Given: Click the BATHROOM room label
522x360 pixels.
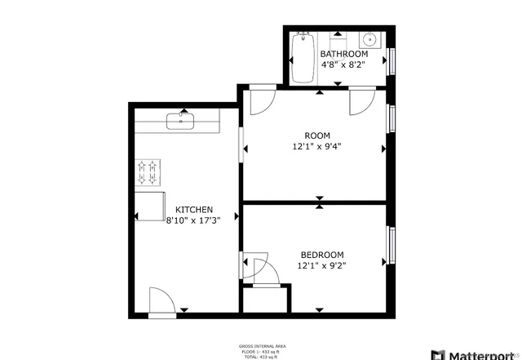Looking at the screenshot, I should [x=338, y=54].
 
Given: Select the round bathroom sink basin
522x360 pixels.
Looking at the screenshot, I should [x=369, y=38].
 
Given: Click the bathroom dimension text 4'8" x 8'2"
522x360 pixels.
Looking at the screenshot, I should [x=338, y=64].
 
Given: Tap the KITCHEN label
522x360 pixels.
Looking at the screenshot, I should [x=194, y=209].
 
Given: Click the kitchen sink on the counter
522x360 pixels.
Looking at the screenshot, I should [x=178, y=122].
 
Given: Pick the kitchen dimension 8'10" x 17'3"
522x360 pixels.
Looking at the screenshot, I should [x=194, y=220].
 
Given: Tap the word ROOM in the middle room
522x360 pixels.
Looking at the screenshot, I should [x=316, y=136].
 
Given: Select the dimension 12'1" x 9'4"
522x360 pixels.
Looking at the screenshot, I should [x=317, y=147].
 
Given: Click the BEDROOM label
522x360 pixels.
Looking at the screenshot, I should [x=321, y=255].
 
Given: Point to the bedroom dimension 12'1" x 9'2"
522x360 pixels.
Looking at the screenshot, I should [x=321, y=266].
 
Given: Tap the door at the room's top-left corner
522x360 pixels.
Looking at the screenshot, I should [x=260, y=101].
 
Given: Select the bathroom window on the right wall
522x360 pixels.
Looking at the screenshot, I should [x=391, y=61].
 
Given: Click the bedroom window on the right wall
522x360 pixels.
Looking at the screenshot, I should [x=391, y=246].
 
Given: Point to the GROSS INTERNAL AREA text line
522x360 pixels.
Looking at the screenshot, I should [x=261, y=346].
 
